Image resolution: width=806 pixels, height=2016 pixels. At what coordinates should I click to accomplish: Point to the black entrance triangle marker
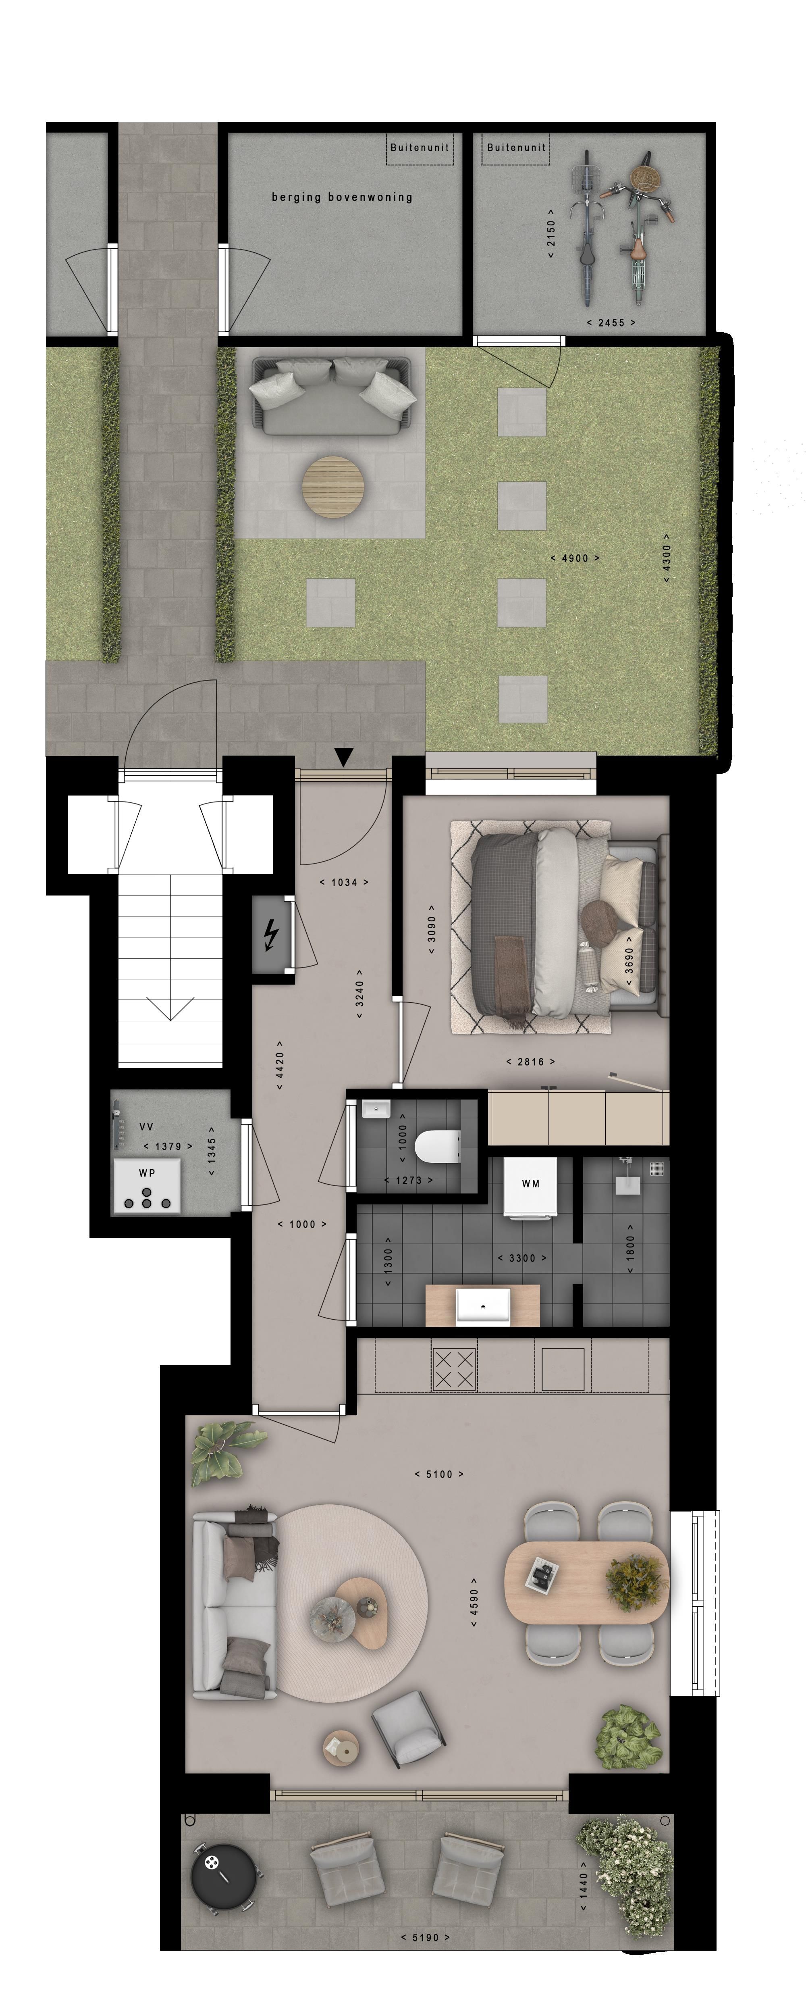click(x=344, y=757)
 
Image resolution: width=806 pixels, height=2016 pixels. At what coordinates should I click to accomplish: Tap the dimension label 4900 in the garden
click(x=575, y=558)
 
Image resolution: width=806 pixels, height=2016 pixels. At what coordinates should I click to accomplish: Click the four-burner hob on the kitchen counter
click(x=454, y=1370)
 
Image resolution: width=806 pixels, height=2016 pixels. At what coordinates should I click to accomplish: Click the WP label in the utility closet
click(x=147, y=1173)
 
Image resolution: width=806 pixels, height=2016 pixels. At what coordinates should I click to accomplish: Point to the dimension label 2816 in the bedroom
click(x=531, y=1062)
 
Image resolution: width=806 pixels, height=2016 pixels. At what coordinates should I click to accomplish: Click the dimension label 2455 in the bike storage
click(x=611, y=323)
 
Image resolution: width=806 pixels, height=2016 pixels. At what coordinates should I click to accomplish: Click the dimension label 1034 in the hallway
click(x=344, y=882)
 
